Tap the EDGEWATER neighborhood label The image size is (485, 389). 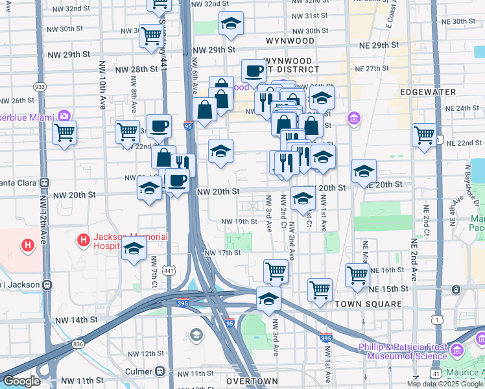(x=428, y=92)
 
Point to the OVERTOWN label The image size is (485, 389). (x=255, y=381)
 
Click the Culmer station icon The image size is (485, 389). (x=160, y=371)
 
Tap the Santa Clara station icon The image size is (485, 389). (x=45, y=183)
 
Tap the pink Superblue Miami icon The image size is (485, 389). (x=64, y=116)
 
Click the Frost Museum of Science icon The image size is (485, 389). (x=458, y=351)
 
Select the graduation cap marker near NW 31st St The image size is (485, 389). (x=230, y=24)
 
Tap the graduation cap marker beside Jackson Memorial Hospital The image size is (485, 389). (x=134, y=249)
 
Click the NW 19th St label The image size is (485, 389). (x=239, y=221)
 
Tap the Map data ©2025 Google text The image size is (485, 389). (x=445, y=384)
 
